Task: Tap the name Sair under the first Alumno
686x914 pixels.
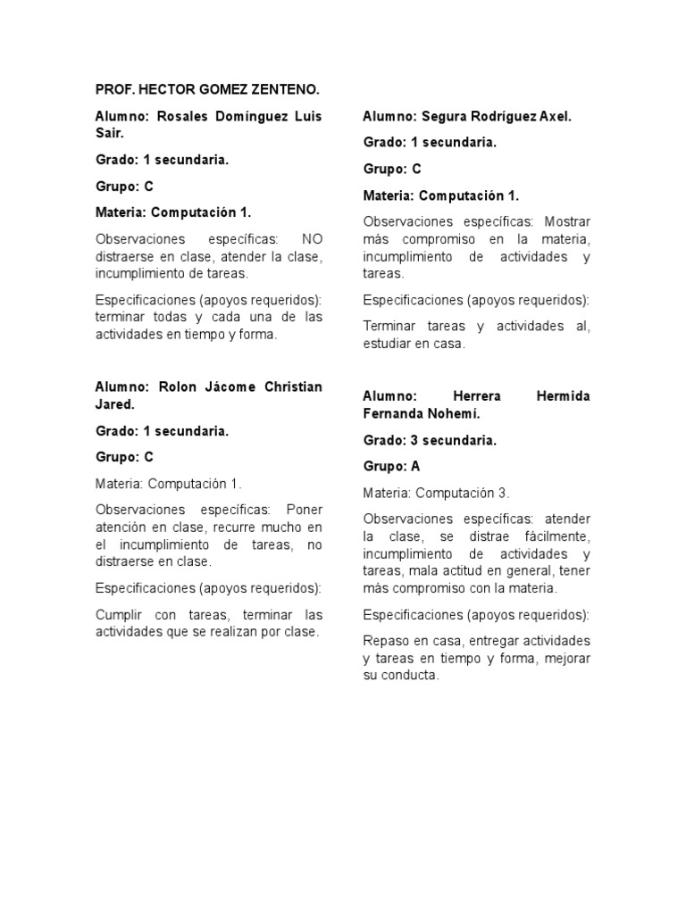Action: (x=109, y=133)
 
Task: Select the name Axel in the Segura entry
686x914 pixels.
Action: (x=554, y=116)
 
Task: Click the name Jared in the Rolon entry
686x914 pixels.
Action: (x=113, y=404)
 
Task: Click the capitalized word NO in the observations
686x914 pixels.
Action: (x=312, y=239)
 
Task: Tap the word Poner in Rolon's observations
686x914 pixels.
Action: (x=305, y=510)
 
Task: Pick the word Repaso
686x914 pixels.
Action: (x=385, y=641)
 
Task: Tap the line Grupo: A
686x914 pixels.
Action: (x=391, y=466)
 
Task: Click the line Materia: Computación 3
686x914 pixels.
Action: (x=437, y=493)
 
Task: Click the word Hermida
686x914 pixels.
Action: (x=563, y=395)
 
